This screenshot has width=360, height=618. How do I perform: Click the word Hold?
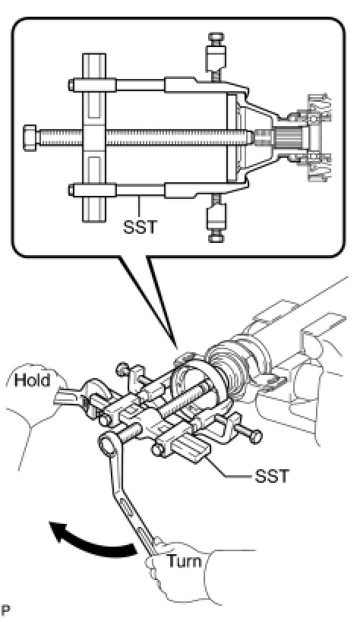[x=33, y=380]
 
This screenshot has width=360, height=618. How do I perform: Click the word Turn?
[x=185, y=560]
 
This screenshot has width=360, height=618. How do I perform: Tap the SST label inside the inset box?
[x=140, y=228]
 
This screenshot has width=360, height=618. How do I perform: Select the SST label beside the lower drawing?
[x=272, y=476]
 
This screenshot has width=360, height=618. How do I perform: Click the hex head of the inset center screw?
[x=30, y=137]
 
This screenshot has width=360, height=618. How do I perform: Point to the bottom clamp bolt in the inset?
[x=216, y=219]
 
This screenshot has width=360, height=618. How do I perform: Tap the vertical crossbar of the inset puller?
[x=94, y=137]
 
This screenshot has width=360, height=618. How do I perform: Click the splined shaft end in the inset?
[x=289, y=137]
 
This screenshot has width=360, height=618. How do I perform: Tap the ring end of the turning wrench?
[x=109, y=444]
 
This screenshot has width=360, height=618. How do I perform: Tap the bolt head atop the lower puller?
[x=122, y=370]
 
